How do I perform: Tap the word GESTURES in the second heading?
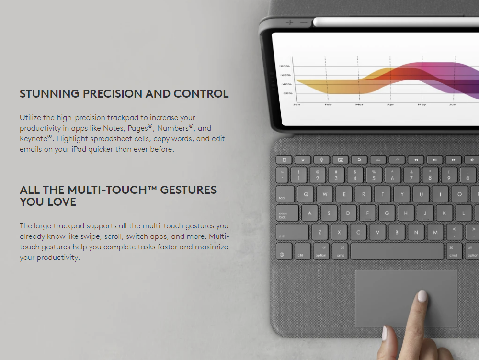pos(188,190)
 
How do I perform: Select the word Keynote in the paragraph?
pos(34,139)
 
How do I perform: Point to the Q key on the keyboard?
pos(306,194)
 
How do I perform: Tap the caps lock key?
pos(287,214)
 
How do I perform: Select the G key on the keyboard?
pos(387,213)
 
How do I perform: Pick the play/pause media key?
pos(435,160)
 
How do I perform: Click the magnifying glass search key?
pos(360,160)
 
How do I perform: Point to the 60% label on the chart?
pos(285,75)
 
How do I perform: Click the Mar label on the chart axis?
pos(359,104)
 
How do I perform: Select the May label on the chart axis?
pos(422,104)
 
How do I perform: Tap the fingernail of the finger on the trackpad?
pos(422,296)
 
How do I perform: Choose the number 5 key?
pos(374,175)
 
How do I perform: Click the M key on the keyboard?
pos(435,232)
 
